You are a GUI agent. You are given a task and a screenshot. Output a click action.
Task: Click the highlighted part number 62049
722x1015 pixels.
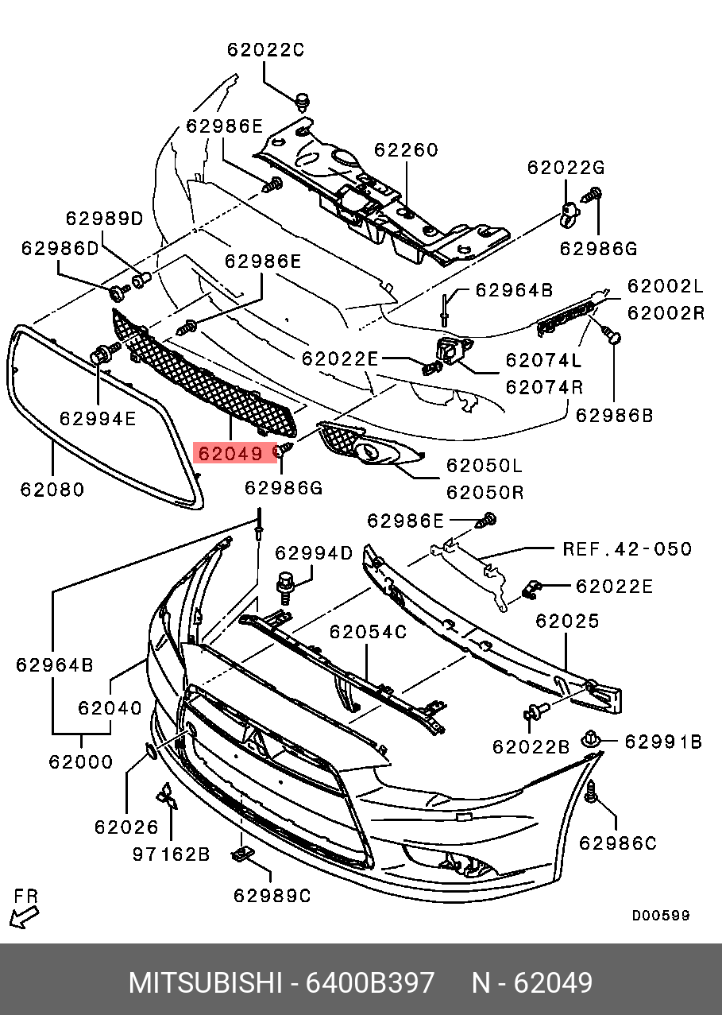pyautogui.click(x=230, y=454)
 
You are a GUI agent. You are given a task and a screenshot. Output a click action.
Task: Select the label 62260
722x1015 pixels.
pyautogui.click(x=406, y=150)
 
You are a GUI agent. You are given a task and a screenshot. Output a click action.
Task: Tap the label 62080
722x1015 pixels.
pyautogui.click(x=52, y=489)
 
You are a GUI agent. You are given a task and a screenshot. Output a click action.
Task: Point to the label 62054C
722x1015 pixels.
pyautogui.click(x=368, y=632)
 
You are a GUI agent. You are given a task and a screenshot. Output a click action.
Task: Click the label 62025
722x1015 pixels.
pyautogui.click(x=567, y=621)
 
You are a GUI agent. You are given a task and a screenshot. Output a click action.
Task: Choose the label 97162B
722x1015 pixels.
pyautogui.click(x=171, y=854)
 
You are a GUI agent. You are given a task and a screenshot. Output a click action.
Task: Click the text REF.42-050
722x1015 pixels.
pyautogui.click(x=627, y=549)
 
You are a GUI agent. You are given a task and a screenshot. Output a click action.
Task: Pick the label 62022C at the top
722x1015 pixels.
pyautogui.click(x=265, y=49)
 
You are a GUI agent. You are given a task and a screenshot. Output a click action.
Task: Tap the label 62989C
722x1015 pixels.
pyautogui.click(x=272, y=896)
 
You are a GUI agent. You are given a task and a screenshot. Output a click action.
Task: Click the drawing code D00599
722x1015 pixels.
pyautogui.click(x=661, y=916)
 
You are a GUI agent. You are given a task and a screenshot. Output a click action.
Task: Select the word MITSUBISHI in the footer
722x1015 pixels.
pyautogui.click(x=205, y=983)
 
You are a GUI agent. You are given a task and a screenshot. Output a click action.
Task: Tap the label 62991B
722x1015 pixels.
pyautogui.click(x=663, y=742)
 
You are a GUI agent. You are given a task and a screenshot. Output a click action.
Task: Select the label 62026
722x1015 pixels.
pyautogui.click(x=126, y=827)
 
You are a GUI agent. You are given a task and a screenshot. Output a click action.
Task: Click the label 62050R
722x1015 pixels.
pyautogui.click(x=485, y=492)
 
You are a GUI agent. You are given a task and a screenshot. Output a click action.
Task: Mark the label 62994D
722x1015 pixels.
pyautogui.click(x=313, y=552)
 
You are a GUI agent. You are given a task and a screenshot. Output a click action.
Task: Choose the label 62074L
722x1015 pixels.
pyautogui.click(x=544, y=360)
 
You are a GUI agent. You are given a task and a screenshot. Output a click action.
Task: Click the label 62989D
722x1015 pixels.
pyautogui.click(x=104, y=218)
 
